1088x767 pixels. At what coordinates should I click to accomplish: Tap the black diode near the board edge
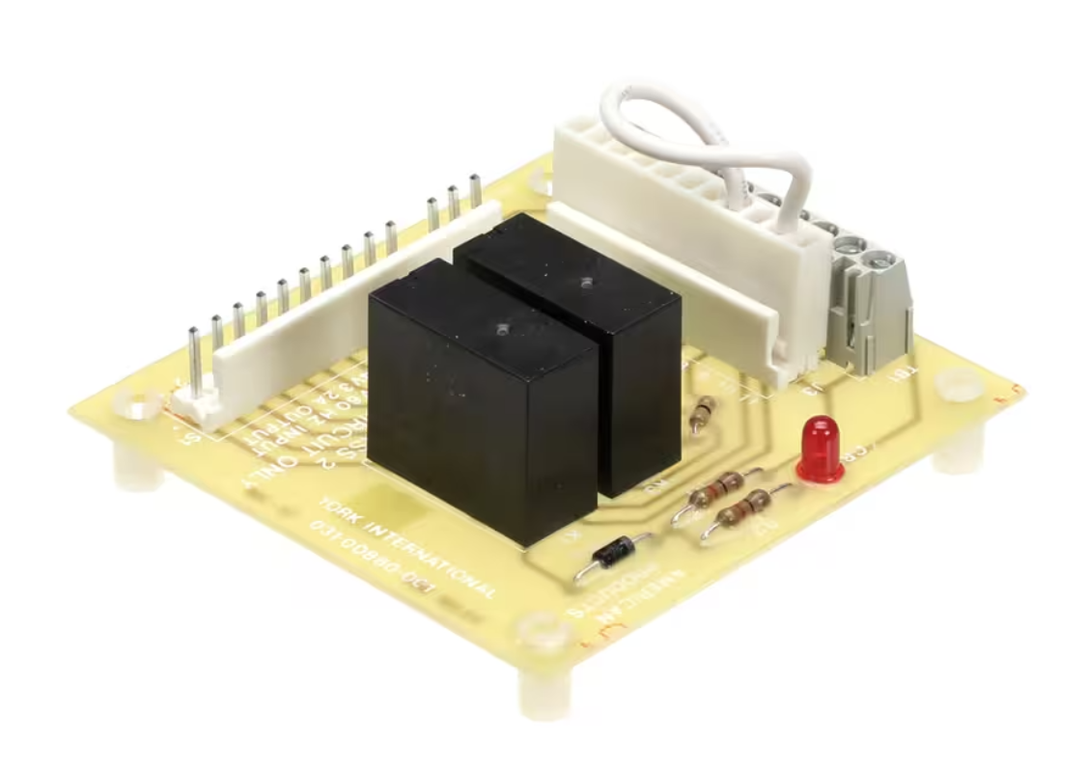613,554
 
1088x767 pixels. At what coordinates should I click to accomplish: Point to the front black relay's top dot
501,330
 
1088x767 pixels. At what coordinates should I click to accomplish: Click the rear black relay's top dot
585,282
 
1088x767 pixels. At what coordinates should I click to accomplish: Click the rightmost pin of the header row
475,191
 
